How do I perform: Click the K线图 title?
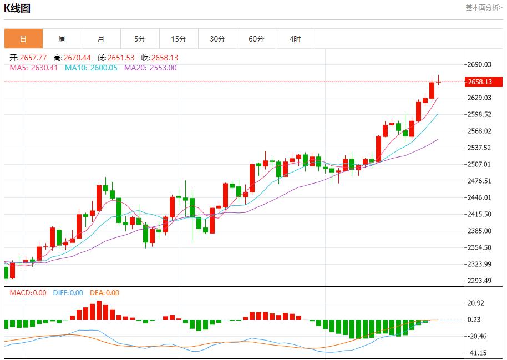(x=17, y=8)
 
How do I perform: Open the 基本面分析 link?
(x=484, y=8)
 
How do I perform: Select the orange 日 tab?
(x=23, y=39)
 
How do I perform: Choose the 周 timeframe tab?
(x=62, y=39)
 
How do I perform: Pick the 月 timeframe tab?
(x=101, y=39)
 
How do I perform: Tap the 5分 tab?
(x=140, y=39)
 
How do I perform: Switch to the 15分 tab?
(x=179, y=39)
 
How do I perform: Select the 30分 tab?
(x=217, y=39)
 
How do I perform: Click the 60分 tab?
(x=256, y=39)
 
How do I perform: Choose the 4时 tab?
(x=295, y=39)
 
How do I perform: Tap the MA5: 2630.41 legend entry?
(x=34, y=68)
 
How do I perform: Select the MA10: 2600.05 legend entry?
(x=91, y=68)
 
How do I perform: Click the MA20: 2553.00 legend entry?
(x=150, y=68)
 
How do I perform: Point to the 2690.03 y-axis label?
(x=480, y=64)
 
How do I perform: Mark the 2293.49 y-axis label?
(x=480, y=281)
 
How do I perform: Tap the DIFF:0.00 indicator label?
(x=68, y=293)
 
